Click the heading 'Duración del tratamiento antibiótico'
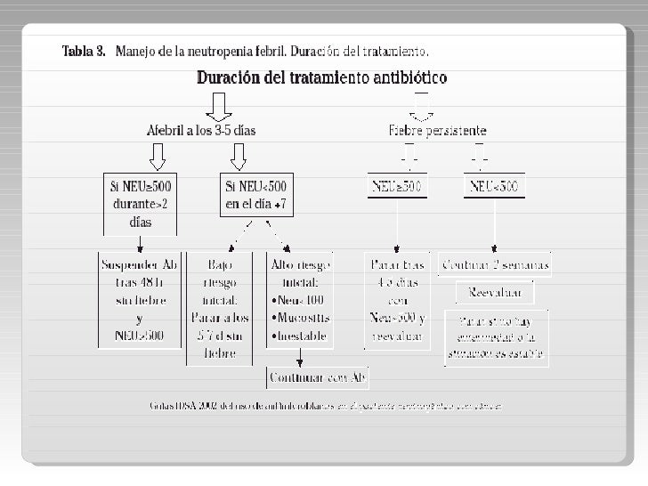(x=321, y=77)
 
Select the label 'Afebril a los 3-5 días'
(x=200, y=131)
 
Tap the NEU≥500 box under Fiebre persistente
(x=397, y=187)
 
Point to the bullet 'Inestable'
(x=301, y=336)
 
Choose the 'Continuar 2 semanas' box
(x=495, y=265)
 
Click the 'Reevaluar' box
(x=495, y=292)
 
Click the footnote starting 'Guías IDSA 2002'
(x=326, y=407)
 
